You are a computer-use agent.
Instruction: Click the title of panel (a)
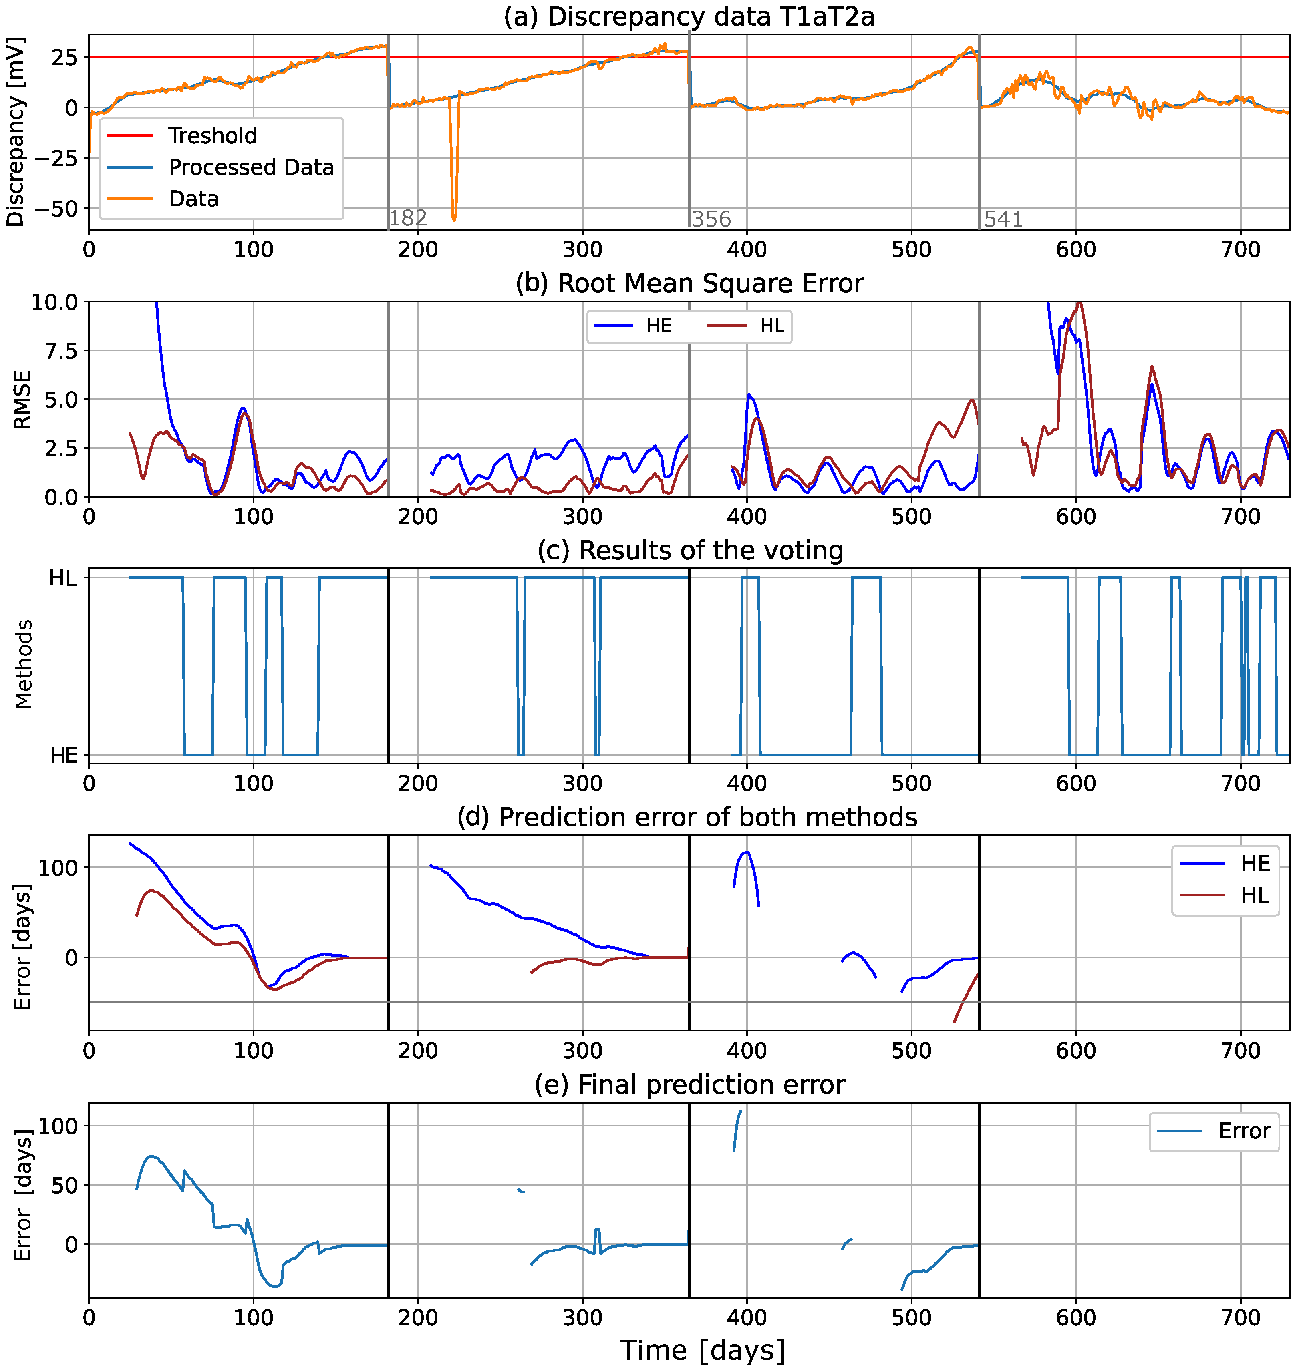689,16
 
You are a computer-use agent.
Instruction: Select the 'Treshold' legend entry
212,135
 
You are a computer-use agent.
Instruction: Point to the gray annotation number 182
408,219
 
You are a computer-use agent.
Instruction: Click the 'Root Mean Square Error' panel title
689,283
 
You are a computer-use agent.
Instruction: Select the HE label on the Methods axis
64,756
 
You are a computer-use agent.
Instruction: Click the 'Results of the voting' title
690,551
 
